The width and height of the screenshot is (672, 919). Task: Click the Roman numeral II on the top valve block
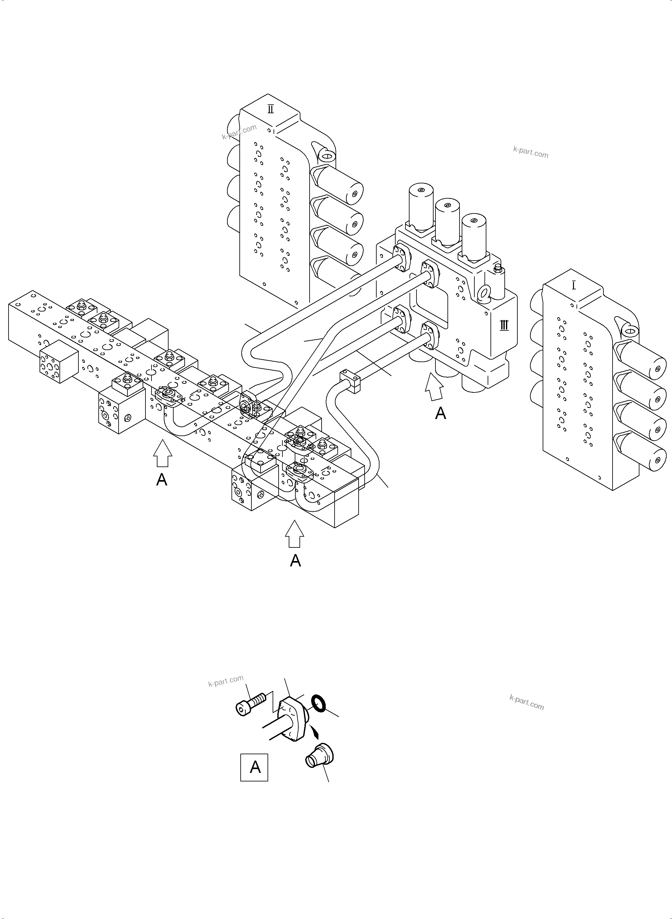point(270,109)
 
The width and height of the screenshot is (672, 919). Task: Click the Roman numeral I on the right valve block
point(574,286)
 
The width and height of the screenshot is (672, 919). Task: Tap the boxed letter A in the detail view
point(255,767)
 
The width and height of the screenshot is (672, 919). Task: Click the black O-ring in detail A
point(318,703)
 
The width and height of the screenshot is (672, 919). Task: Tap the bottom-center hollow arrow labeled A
point(294,534)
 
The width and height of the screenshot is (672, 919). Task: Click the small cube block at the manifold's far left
point(59,361)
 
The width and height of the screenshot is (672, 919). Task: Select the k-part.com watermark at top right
point(530,153)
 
